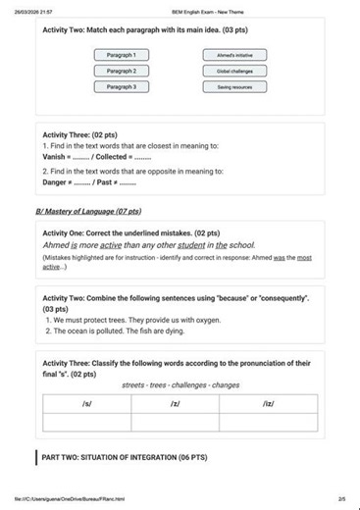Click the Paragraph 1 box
(x=121, y=55)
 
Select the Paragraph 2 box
(x=121, y=71)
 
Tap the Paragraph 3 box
(x=121, y=87)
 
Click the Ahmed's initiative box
(x=234, y=55)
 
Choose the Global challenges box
(x=234, y=71)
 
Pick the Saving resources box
(x=234, y=87)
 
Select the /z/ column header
(x=176, y=403)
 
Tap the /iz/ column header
(x=268, y=403)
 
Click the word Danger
(x=55, y=182)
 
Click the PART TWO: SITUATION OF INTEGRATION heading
(x=125, y=457)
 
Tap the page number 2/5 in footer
(x=340, y=499)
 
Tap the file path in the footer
(x=69, y=499)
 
